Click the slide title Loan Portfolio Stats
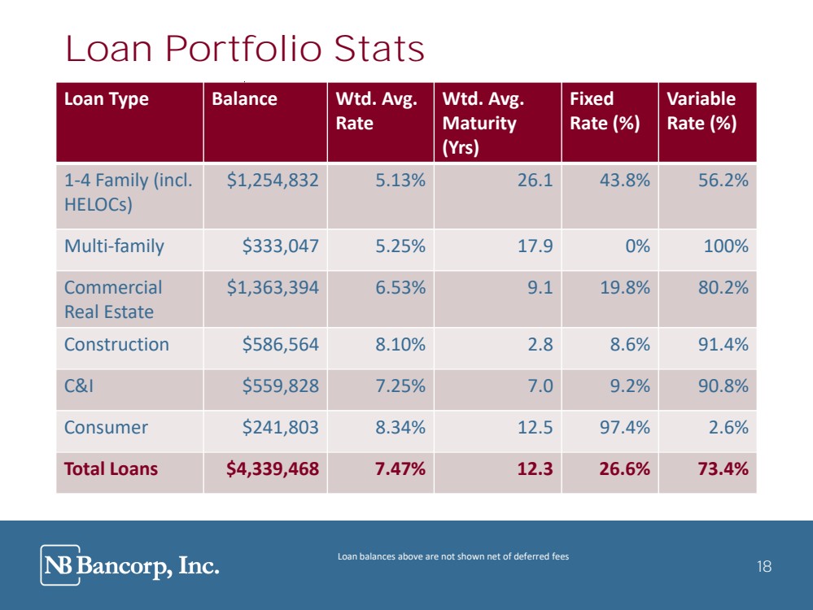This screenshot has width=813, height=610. click(245, 50)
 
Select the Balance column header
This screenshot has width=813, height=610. click(244, 99)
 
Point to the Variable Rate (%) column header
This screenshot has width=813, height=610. click(701, 111)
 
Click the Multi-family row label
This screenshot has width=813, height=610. click(114, 246)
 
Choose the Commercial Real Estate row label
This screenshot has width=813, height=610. click(113, 299)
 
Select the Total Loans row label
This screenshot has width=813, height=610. click(111, 469)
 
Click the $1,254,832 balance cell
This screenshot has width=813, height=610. click(273, 181)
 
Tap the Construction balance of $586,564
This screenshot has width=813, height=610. click(281, 345)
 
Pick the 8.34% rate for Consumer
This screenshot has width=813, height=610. click(400, 428)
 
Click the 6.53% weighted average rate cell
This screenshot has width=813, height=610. click(400, 288)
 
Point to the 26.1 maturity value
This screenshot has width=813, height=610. click(535, 181)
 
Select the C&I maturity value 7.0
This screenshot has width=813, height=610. click(539, 386)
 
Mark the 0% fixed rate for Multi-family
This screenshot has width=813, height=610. click(634, 246)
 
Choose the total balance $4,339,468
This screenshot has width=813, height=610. click(273, 469)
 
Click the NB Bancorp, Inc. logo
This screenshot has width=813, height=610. click(130, 565)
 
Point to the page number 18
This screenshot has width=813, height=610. click(763, 567)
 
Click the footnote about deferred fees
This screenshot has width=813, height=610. click(452, 556)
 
